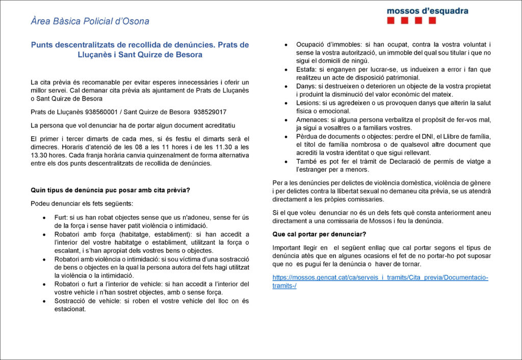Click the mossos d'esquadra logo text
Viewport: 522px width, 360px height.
pyautogui.click(x=427, y=11)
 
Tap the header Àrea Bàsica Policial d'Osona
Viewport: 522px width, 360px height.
pyautogui.click(x=90, y=21)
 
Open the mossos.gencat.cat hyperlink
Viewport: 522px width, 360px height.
pyautogui.click(x=380, y=281)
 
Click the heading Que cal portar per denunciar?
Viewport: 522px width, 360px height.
pyautogui.click(x=319, y=234)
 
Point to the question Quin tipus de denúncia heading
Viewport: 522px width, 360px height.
pyautogui.click(x=110, y=191)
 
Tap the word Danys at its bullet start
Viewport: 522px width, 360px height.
pyautogui.click(x=306, y=86)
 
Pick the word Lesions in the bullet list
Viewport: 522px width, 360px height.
pyautogui.click(x=308, y=102)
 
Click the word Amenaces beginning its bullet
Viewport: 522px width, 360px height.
pyautogui.click(x=311, y=119)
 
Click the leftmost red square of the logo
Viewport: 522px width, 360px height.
pyautogui.click(x=391, y=21)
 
